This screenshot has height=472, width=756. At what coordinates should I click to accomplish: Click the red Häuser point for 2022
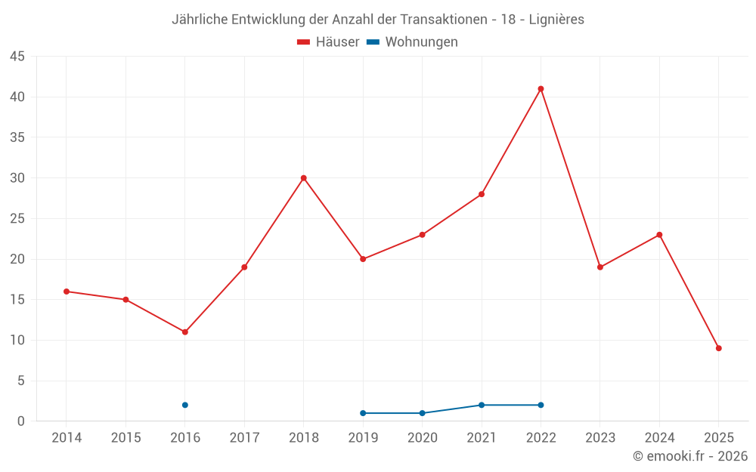pyautogui.click(x=541, y=89)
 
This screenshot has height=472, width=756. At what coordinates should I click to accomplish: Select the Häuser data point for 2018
pyautogui.click(x=304, y=178)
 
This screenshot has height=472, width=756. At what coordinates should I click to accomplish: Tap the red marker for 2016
pyautogui.click(x=185, y=332)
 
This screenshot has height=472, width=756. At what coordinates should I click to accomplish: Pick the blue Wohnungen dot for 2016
pyautogui.click(x=185, y=405)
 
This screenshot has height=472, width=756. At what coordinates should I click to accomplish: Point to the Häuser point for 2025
pyautogui.click(x=719, y=348)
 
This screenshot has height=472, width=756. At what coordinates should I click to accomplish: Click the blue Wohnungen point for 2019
pyautogui.click(x=363, y=413)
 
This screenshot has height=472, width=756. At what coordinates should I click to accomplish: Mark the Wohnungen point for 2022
pyautogui.click(x=541, y=405)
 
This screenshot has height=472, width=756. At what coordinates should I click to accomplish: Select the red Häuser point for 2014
pyautogui.click(x=67, y=292)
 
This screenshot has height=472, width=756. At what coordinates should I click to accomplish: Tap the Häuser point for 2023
pyautogui.click(x=600, y=267)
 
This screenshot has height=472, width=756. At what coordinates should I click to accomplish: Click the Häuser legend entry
pyautogui.click(x=328, y=42)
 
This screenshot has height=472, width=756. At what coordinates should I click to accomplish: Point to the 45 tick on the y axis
pyautogui.click(x=17, y=57)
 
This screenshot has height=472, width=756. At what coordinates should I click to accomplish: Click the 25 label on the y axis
pyautogui.click(x=17, y=219)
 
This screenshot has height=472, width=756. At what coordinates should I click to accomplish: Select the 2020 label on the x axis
pyautogui.click(x=422, y=438)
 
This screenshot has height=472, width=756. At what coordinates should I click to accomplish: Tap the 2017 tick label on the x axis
pyautogui.click(x=244, y=438)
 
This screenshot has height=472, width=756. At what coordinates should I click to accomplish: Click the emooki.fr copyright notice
pyautogui.click(x=690, y=456)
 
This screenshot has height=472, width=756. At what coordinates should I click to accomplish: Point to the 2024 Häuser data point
pyautogui.click(x=659, y=235)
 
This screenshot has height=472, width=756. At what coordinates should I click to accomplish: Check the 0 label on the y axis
pyautogui.click(x=21, y=421)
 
